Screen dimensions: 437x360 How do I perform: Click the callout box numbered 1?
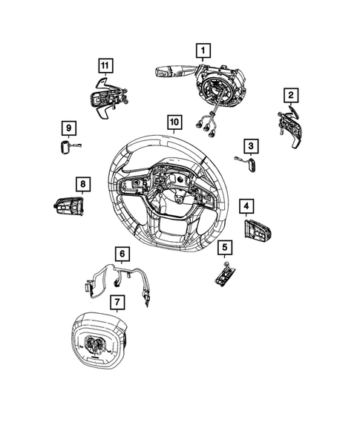click(x=200, y=50)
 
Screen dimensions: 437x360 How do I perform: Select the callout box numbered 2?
click(x=292, y=94)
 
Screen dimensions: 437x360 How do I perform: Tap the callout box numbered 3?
click(x=252, y=145)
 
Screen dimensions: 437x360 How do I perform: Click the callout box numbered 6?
click(x=120, y=253)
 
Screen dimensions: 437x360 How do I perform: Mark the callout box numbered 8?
click(x=82, y=183)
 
